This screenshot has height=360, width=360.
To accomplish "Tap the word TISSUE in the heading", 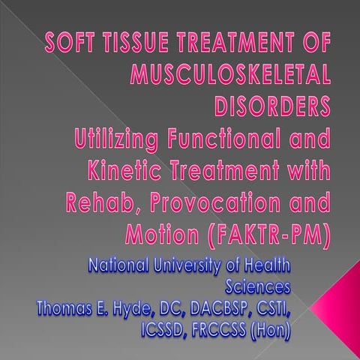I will [130, 43].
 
